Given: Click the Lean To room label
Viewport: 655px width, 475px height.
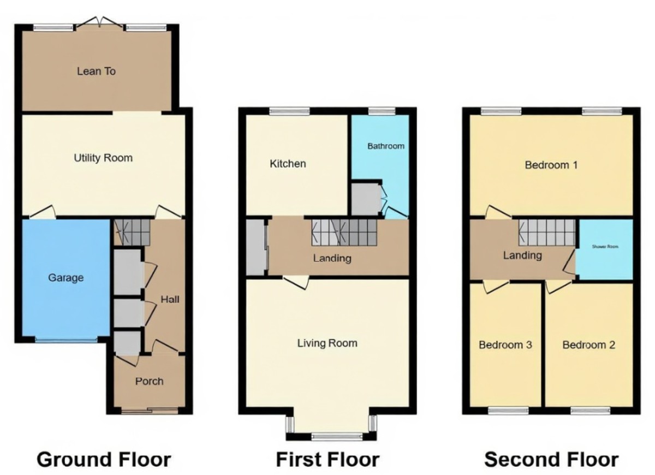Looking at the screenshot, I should click(x=97, y=71).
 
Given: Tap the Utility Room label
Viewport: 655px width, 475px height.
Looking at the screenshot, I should click(x=103, y=158).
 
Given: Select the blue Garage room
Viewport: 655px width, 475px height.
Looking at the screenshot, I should click(x=65, y=278).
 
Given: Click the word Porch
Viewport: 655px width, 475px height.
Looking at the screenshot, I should click(x=149, y=381).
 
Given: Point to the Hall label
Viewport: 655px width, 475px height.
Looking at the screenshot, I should click(x=170, y=299).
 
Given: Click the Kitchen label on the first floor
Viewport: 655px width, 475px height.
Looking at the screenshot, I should click(x=288, y=163).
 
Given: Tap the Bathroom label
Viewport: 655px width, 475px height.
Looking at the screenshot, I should click(x=385, y=146).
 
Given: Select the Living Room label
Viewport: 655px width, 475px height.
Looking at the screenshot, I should click(x=327, y=343).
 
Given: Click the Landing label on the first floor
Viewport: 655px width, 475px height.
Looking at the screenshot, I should click(x=332, y=258).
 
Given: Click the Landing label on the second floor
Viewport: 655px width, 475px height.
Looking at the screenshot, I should click(x=522, y=255).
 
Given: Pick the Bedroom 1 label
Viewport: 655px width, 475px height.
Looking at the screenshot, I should click(x=551, y=164).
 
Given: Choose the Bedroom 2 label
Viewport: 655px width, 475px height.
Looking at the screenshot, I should click(x=588, y=345).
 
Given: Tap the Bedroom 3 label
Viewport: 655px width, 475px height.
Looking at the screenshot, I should click(x=505, y=345).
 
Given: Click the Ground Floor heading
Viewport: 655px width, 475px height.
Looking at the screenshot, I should click(x=104, y=459).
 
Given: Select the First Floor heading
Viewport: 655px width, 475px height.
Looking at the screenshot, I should click(x=327, y=459).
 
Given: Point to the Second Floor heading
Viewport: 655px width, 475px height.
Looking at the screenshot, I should click(x=551, y=459).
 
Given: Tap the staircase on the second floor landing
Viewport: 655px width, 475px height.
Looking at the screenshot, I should click(x=546, y=233).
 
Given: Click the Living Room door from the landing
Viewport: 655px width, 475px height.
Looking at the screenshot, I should click(x=295, y=281).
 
